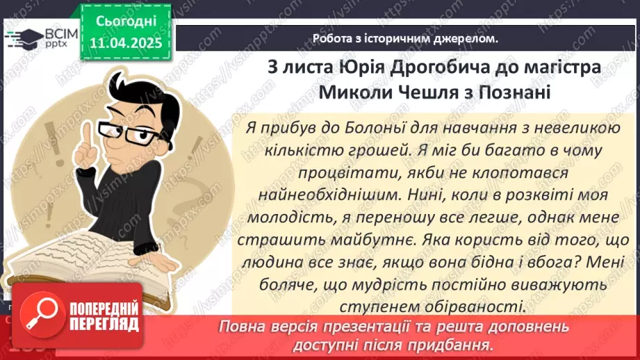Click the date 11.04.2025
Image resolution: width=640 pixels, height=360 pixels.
[x=126, y=42]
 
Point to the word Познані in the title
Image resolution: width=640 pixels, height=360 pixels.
[x=518, y=92]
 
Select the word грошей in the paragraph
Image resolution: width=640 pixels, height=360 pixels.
[x=363, y=150]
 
